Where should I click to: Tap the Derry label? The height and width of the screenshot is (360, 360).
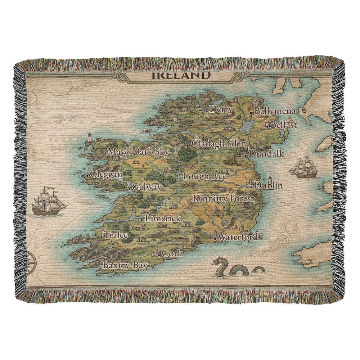tap(221, 109)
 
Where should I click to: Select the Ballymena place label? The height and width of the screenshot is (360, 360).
tap(275, 111)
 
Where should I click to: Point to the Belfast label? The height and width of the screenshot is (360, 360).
tap(284, 125)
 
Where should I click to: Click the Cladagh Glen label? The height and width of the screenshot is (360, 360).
tap(219, 143)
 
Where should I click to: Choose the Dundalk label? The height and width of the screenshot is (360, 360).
tap(266, 154)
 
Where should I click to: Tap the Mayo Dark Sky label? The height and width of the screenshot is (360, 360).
tap(138, 152)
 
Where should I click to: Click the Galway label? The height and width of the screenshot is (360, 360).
tap(147, 187)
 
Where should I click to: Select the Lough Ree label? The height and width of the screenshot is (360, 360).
tap(205, 176)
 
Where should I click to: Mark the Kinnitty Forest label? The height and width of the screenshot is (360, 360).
tap(224, 198)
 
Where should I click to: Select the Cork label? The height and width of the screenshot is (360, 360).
tap(172, 253)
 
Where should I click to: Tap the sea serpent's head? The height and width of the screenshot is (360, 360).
tap(218, 262)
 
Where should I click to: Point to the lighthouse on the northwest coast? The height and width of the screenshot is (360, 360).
tap(89, 138)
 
